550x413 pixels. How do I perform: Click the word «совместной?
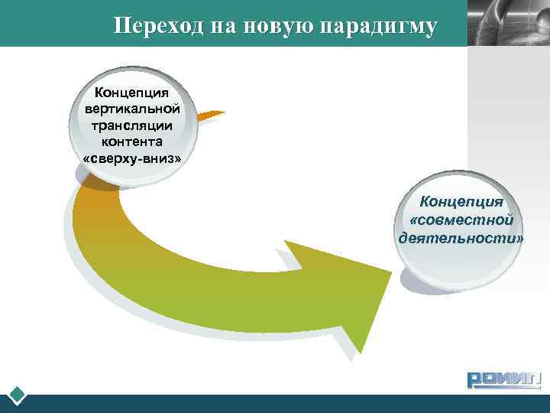point(461,220)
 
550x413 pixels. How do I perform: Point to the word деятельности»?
point(461,238)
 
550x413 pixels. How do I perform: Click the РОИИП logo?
point(503,379)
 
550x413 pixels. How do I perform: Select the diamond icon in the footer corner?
point(18,396)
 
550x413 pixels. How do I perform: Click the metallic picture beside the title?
point(508,23)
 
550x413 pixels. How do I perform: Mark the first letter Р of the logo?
point(476,380)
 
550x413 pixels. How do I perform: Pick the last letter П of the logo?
point(532,380)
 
